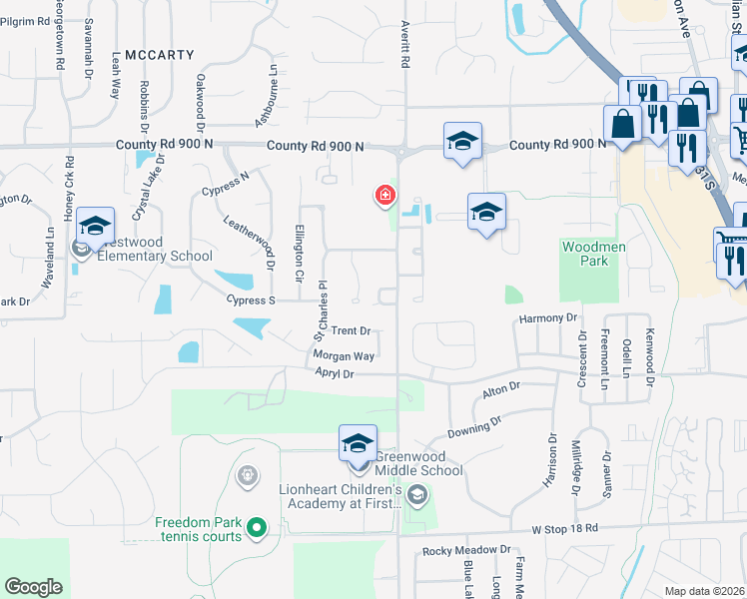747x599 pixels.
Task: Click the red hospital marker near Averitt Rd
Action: coord(383,195)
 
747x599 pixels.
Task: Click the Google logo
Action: coord(33,587)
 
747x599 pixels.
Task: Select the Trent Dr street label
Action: coord(351,330)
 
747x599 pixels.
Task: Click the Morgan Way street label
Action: coord(343,355)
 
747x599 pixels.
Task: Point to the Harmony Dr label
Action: coord(547,317)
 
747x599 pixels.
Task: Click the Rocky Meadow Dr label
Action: coord(466,550)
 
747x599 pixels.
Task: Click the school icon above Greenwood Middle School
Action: coord(359,444)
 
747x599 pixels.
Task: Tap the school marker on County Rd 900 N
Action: coord(462,142)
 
